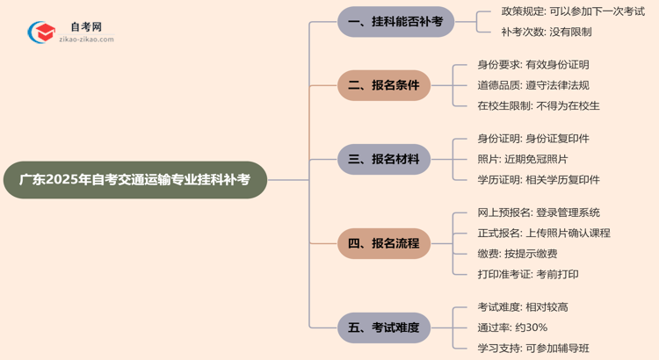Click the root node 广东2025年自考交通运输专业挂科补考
(x=134, y=180)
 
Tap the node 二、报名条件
(x=384, y=85)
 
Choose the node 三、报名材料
(x=384, y=159)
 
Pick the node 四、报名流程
(x=384, y=243)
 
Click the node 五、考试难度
(x=384, y=328)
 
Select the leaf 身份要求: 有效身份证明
(x=533, y=64)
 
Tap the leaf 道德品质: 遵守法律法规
(x=533, y=85)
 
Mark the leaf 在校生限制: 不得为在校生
(x=539, y=105)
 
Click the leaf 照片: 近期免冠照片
(x=523, y=159)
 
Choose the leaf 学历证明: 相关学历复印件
(x=539, y=179)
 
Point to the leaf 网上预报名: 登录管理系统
(x=539, y=212)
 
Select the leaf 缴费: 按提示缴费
(x=518, y=254)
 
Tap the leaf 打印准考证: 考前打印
(x=528, y=274)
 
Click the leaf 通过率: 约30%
(x=513, y=328)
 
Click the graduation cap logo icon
(x=41, y=32)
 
